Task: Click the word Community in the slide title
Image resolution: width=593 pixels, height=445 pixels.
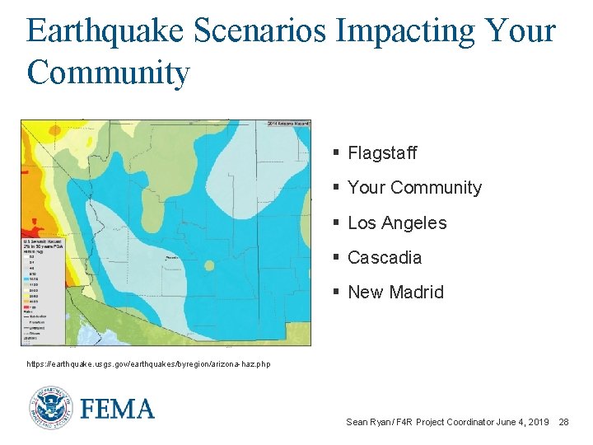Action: [108, 72]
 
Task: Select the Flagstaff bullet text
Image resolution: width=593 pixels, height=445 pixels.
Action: [382, 153]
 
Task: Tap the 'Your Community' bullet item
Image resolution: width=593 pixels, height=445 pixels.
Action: [414, 188]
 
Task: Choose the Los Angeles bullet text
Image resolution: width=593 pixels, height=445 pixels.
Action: [397, 223]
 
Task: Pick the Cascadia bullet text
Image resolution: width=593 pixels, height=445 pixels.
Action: [385, 258]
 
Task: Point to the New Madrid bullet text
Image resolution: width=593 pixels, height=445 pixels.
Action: [395, 293]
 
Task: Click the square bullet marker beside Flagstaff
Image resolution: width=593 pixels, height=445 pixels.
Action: [336, 153]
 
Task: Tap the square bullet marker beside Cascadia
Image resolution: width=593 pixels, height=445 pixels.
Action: [336, 258]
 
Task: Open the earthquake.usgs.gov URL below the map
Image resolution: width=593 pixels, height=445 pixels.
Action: [148, 364]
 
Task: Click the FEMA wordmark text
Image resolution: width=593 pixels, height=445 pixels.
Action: [118, 409]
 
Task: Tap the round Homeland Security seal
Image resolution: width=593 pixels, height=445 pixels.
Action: [50, 409]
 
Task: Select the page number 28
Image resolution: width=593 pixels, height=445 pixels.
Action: [563, 422]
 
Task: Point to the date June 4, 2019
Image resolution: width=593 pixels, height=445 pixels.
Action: [522, 422]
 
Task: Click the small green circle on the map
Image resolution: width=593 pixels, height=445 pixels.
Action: [209, 265]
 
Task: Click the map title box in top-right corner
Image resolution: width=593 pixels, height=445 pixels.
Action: [287, 124]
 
